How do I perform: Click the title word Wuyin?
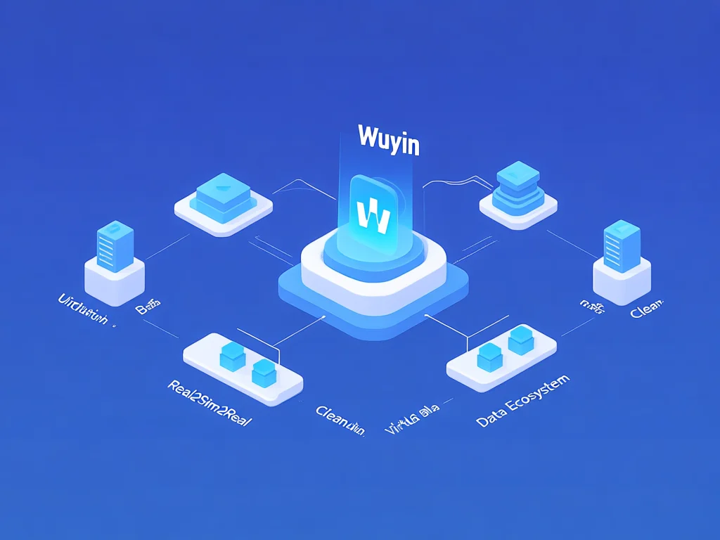389,139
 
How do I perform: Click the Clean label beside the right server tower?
648,310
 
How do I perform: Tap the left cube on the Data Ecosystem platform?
489,357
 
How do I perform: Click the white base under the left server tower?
115,280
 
